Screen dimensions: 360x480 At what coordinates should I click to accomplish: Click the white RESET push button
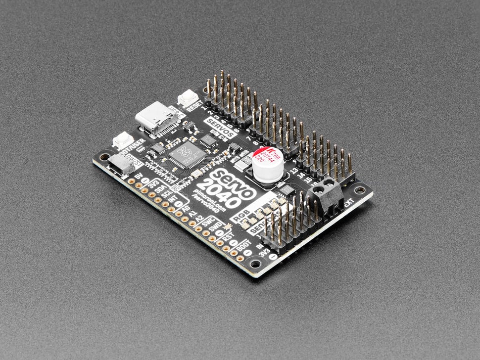click(x=188, y=98)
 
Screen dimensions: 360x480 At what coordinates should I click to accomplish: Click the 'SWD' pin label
click(x=215, y=228)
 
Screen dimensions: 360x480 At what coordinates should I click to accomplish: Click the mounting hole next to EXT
click(x=360, y=190)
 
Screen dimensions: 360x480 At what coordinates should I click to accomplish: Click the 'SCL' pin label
click(x=167, y=195)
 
